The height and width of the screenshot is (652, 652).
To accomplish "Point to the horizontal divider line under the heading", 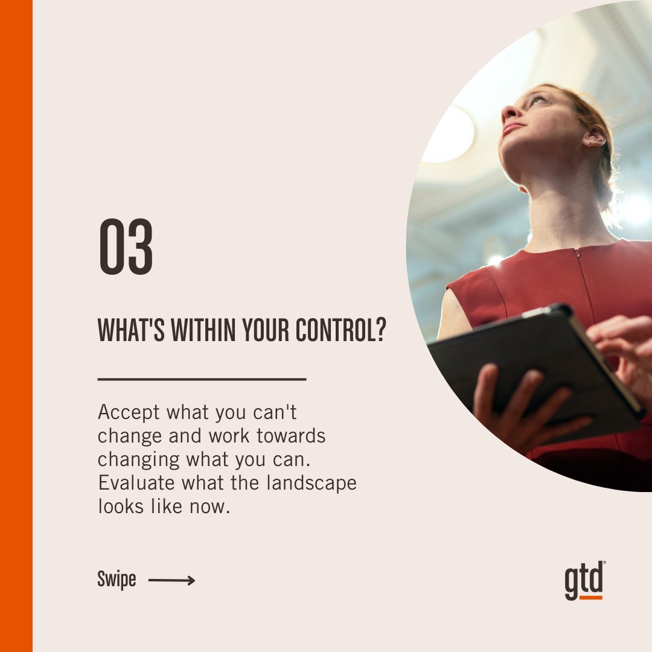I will pos(202,379).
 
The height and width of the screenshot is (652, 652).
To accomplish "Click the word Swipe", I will pos(117,581).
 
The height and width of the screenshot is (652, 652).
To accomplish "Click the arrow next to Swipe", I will pos(171,581).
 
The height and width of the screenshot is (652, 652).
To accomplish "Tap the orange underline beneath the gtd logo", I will pos(584,598).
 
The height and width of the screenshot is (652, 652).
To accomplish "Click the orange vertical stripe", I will pos(16,326).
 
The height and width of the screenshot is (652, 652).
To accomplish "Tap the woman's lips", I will pos(511,128).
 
